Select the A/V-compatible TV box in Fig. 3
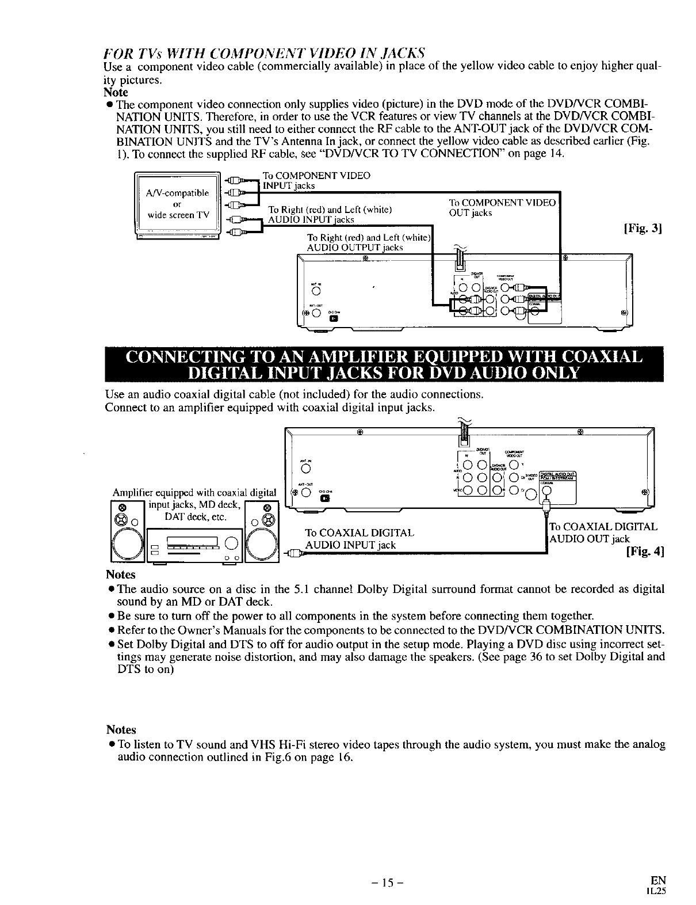pos(178,204)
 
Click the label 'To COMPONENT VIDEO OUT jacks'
pos(502,207)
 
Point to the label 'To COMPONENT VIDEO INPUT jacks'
pos(316,180)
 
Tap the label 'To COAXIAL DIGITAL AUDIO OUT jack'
pos(603,533)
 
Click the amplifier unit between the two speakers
pos(194,545)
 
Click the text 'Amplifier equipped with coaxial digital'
pos(194,492)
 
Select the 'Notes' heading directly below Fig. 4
pos(120,575)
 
